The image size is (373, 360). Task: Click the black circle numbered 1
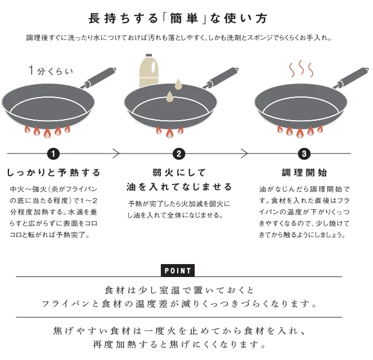(x=53, y=153)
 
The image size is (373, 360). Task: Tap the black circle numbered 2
(x=179, y=153)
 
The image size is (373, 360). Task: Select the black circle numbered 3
(x=304, y=153)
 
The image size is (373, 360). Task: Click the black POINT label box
(x=178, y=270)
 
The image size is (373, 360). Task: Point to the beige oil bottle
(x=148, y=71)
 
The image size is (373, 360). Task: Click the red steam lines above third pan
(x=301, y=69)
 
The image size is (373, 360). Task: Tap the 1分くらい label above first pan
(x=51, y=71)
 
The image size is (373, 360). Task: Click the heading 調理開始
(x=304, y=173)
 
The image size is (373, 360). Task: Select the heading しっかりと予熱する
(x=53, y=173)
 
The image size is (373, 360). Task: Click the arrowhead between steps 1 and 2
(x=116, y=153)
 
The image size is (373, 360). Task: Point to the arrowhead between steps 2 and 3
(x=244, y=153)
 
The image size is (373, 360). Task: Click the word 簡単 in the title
(x=184, y=19)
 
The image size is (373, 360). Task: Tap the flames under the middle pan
(x=169, y=132)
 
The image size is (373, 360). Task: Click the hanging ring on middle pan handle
(x=236, y=70)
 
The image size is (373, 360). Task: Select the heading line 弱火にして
(x=179, y=173)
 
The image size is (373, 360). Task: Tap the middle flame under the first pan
(x=47, y=133)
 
